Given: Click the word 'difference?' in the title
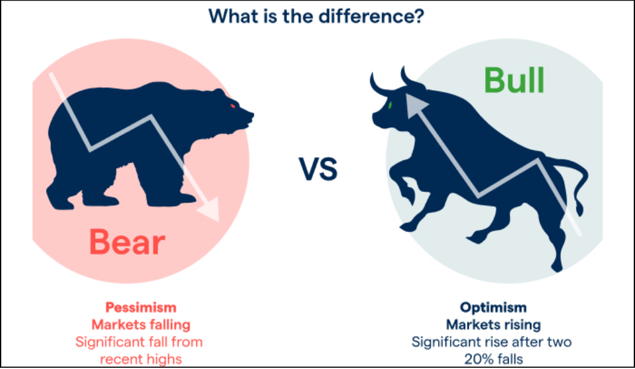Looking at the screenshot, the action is tap(371, 16).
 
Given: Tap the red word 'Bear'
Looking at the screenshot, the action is tap(127, 242).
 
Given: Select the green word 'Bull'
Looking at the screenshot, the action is tap(514, 80).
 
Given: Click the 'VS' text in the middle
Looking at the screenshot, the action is tap(318, 169).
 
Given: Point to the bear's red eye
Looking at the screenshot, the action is tap(233, 106).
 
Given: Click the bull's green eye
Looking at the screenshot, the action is tap(390, 106).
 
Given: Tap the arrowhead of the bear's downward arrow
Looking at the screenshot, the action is tap(210, 209).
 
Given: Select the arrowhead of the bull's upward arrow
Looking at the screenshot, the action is tap(415, 105).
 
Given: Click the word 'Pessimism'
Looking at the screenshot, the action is tap(141, 307).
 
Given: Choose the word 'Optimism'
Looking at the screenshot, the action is tap(493, 307).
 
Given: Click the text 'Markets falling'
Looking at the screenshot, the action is tap(141, 324).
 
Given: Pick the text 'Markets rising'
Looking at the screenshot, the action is tap(493, 324).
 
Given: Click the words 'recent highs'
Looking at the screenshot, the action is tap(141, 359).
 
